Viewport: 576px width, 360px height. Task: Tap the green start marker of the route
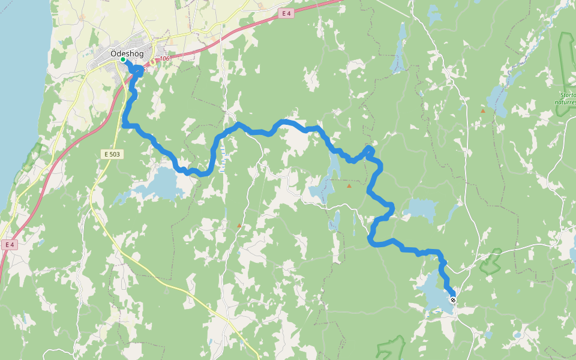point(122,60)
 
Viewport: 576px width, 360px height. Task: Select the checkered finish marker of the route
point(453,300)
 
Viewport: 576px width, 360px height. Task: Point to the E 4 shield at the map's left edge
point(8,244)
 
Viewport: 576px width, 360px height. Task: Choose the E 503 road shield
point(112,154)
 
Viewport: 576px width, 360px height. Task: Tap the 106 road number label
point(164,59)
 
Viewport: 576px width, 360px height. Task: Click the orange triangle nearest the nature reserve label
point(482,110)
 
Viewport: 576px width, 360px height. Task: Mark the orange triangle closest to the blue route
point(349,186)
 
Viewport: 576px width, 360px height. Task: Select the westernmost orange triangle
point(239,226)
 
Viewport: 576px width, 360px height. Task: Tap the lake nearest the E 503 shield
point(157,185)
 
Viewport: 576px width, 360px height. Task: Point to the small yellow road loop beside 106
point(152,61)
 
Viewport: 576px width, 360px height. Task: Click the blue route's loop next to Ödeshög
point(138,71)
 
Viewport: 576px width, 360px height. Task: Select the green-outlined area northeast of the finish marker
point(491,259)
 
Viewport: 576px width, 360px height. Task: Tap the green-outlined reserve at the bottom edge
point(391,349)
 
